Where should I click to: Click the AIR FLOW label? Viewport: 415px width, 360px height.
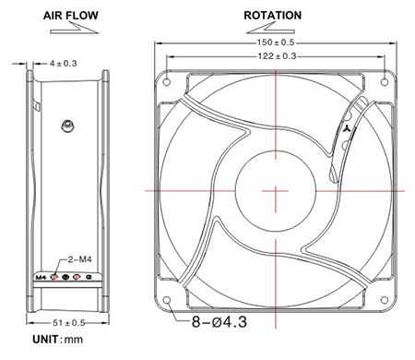pyautogui.click(x=71, y=16)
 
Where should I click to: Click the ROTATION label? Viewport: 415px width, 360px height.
pyautogui.click(x=273, y=16)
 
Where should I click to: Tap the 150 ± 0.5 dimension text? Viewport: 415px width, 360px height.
pyautogui.click(x=276, y=42)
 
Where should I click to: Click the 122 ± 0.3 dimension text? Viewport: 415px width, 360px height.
pyautogui.click(x=277, y=56)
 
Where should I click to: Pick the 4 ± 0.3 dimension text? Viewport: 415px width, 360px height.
pyautogui.click(x=63, y=64)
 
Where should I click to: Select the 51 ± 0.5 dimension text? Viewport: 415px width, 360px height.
pyautogui.click(x=69, y=323)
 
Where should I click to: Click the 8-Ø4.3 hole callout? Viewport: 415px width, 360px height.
pyautogui.click(x=219, y=322)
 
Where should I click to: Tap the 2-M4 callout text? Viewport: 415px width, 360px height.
pyautogui.click(x=79, y=259)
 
